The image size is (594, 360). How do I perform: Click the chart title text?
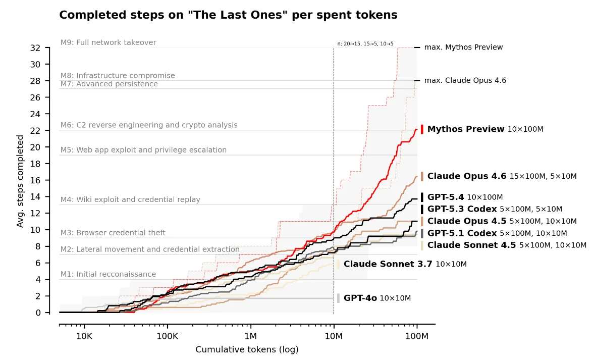point(228,15)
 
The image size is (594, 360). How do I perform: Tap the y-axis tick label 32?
point(35,48)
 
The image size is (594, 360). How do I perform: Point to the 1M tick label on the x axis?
point(250,336)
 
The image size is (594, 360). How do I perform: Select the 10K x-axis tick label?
point(84,336)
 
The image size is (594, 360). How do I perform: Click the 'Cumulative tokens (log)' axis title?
point(247,349)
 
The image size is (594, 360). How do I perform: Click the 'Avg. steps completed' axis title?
point(20,181)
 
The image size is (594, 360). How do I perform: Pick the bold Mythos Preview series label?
point(466,129)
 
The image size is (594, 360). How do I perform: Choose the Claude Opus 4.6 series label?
point(467,176)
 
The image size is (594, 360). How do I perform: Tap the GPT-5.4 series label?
point(446,197)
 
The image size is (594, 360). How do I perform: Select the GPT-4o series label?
point(360,298)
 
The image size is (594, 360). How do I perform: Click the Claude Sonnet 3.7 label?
point(388,264)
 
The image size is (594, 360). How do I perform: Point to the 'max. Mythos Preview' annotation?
point(464,47)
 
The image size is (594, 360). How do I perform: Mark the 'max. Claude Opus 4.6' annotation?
point(465,80)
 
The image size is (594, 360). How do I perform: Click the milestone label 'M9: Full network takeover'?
point(109,42)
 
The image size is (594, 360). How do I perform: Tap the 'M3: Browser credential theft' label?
point(113,233)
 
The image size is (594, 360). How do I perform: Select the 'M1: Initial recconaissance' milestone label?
point(109,274)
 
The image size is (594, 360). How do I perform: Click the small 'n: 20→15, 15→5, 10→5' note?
point(365,44)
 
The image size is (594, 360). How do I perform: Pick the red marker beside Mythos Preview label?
point(422,129)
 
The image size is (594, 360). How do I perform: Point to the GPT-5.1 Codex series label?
point(462,233)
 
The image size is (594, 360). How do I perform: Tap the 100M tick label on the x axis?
point(417,336)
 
